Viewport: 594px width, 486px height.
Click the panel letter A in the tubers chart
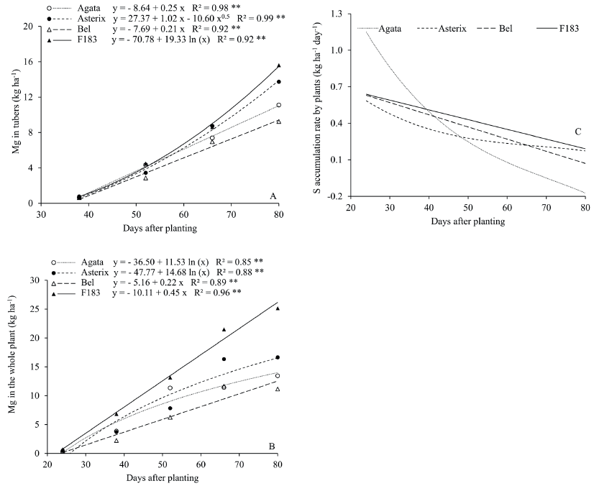tap(273, 196)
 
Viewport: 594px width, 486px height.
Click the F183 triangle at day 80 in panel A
tap(279, 66)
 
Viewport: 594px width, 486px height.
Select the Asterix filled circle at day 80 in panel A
tap(279, 82)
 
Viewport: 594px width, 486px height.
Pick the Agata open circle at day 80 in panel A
tap(279, 105)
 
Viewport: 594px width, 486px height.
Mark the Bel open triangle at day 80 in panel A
tap(279, 121)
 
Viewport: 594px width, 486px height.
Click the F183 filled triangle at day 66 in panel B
tap(224, 329)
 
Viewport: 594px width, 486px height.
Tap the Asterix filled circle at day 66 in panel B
tap(224, 359)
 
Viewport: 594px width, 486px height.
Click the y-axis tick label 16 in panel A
tap(29, 61)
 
